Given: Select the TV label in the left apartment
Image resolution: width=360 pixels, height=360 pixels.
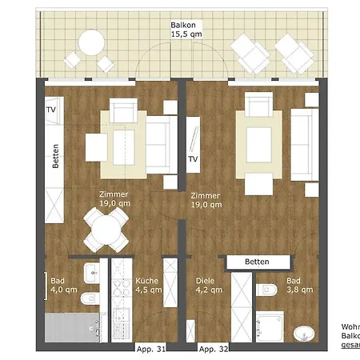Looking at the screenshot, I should tap(50, 110).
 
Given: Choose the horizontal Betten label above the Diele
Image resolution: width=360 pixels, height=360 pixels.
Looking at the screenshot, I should tap(256, 262).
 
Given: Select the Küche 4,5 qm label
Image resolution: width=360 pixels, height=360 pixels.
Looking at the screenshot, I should tap(146, 286).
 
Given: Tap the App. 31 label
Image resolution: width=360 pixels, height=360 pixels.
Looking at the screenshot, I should tap(152, 350).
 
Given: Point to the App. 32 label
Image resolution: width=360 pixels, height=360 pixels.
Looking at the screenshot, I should tap(213, 350).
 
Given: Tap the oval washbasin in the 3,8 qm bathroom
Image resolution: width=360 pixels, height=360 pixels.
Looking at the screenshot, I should tap(303, 332).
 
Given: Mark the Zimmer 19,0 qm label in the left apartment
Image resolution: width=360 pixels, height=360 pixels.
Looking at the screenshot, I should tap(114, 199).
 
